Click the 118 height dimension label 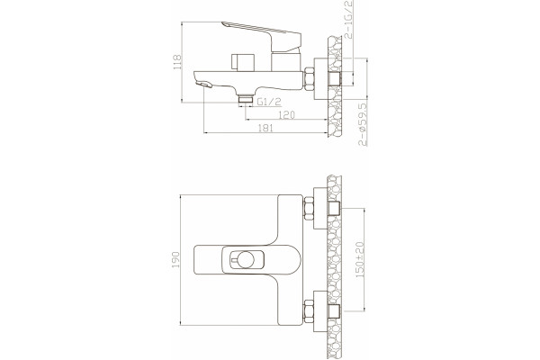click(x=177, y=62)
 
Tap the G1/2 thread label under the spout click(x=269, y=102)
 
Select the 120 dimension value click(x=286, y=114)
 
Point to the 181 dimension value click(x=265, y=128)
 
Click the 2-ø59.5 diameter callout click(x=363, y=124)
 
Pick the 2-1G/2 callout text click(x=348, y=19)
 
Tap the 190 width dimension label click(x=175, y=260)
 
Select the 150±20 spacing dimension click(x=360, y=260)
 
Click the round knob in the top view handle click(x=246, y=260)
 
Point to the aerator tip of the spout click(x=203, y=84)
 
